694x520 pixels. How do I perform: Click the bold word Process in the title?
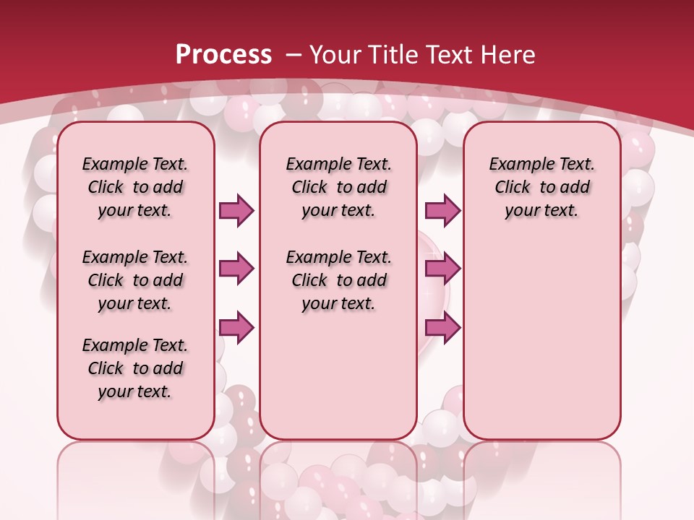pyautogui.click(x=223, y=54)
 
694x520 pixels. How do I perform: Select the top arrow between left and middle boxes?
pyautogui.click(x=236, y=210)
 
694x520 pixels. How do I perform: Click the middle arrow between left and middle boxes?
pyautogui.click(x=236, y=269)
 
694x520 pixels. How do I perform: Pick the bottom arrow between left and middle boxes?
pyautogui.click(x=236, y=328)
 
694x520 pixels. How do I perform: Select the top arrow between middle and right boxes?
pyautogui.click(x=442, y=210)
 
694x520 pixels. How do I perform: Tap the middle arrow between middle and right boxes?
pyautogui.click(x=442, y=269)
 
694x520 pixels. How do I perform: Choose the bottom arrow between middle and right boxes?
pyautogui.click(x=442, y=328)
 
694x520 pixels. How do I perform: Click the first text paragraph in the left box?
pyautogui.click(x=135, y=187)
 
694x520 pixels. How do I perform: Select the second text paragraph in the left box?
pyautogui.click(x=135, y=280)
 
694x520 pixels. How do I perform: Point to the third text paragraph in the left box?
pyautogui.click(x=135, y=368)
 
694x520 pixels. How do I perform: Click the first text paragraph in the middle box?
pyautogui.click(x=338, y=187)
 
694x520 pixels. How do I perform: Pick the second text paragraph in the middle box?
pyautogui.click(x=338, y=280)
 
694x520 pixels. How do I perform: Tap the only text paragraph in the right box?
pyautogui.click(x=541, y=187)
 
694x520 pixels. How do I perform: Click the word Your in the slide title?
pyautogui.click(x=335, y=54)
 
